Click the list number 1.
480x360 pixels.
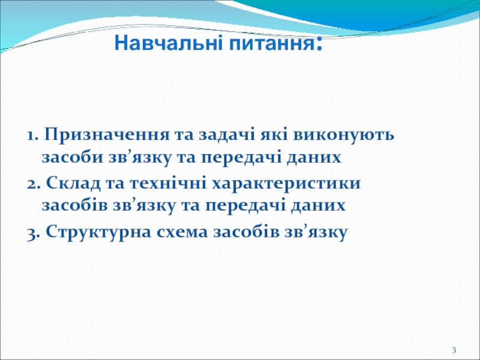point(32,135)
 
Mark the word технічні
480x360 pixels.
point(168,184)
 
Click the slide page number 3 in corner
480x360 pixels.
point(454,350)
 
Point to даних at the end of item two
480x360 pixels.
point(319,205)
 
